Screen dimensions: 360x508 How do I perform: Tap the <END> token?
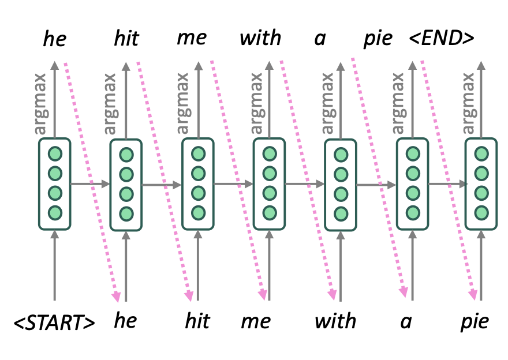point(442,39)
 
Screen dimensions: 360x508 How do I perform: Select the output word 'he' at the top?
point(55,39)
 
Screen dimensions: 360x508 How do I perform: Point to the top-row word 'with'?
point(260,39)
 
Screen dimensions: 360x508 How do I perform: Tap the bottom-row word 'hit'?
point(197,321)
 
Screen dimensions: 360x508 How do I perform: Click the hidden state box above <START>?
point(55,183)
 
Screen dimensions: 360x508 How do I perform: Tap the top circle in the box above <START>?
point(55,154)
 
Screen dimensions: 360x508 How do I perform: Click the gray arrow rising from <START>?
point(55,265)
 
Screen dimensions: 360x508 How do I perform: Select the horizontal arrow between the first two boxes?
point(89,184)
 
